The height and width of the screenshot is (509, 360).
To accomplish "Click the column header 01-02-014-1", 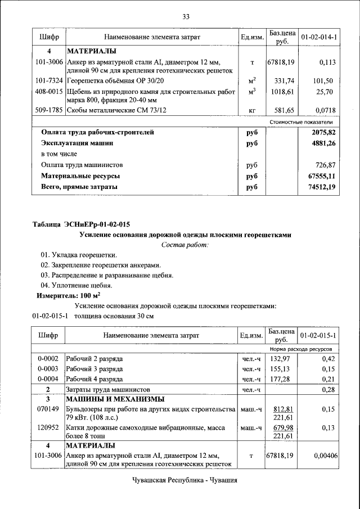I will pyautogui.click(x=319, y=37).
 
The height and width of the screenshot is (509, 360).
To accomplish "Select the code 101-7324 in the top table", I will pyautogui.click(x=48, y=81).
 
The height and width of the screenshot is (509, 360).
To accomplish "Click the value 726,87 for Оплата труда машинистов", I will pyautogui.click(x=324, y=165).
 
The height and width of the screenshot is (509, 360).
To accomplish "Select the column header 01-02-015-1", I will pyautogui.click(x=319, y=336).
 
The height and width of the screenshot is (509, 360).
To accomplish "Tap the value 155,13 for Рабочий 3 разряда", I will pyautogui.click(x=281, y=368).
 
